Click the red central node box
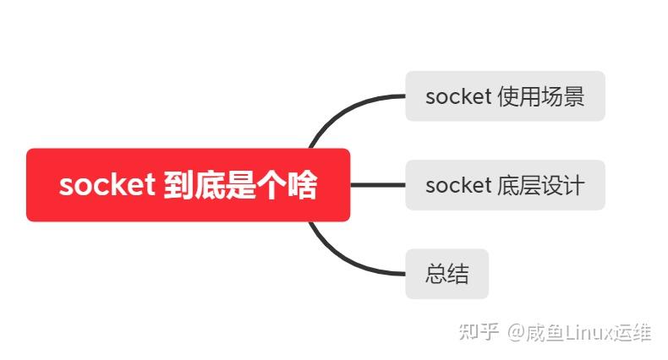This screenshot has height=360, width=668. (x=188, y=185)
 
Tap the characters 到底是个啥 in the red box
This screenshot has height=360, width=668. (x=239, y=186)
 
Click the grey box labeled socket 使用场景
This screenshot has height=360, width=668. (x=505, y=96)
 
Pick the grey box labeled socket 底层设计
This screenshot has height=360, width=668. (x=505, y=185)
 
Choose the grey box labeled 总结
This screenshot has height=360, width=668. (x=447, y=274)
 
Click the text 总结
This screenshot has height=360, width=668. (x=447, y=275)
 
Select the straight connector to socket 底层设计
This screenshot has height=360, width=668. (x=377, y=185)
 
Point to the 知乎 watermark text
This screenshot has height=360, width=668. (x=478, y=331)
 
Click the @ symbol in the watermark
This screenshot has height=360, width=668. (x=516, y=331)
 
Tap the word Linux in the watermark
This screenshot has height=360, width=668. (x=589, y=331)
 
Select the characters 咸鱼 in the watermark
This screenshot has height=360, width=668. (x=546, y=331)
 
